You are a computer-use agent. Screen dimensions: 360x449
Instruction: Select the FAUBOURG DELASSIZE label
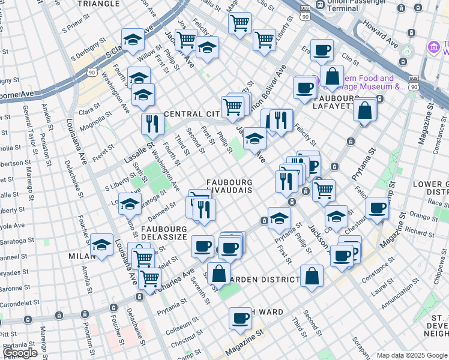pyautogui.click(x=166, y=229)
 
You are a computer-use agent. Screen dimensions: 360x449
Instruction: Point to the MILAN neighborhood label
pyautogui.click(x=82, y=256)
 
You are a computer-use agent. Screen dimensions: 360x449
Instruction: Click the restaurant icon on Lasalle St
pyautogui.click(x=152, y=124)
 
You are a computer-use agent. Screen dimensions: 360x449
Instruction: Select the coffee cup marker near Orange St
pyautogui.click(x=377, y=208)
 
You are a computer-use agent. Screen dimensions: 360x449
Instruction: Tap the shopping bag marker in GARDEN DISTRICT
pyautogui.click(x=312, y=276)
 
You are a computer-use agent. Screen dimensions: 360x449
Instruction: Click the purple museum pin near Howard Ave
pyautogui.click(x=433, y=47)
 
